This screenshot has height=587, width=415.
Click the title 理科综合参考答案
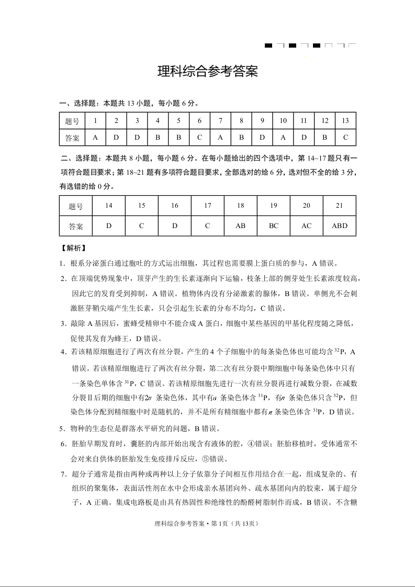point(208,72)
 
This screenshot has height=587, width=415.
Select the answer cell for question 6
point(199,138)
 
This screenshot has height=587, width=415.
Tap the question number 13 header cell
point(345,121)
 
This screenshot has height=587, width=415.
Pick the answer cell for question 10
point(283,138)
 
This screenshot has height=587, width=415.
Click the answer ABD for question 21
point(340,226)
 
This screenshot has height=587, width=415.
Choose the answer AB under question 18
point(241,226)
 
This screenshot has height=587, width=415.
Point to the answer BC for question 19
point(274,226)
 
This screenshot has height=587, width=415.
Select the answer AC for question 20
point(307,226)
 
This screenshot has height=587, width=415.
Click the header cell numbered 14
point(109,206)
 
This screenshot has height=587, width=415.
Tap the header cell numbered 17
point(208,206)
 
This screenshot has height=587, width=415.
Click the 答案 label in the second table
point(76,226)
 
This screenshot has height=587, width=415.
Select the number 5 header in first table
point(178,121)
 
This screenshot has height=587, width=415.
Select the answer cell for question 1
point(95,138)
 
